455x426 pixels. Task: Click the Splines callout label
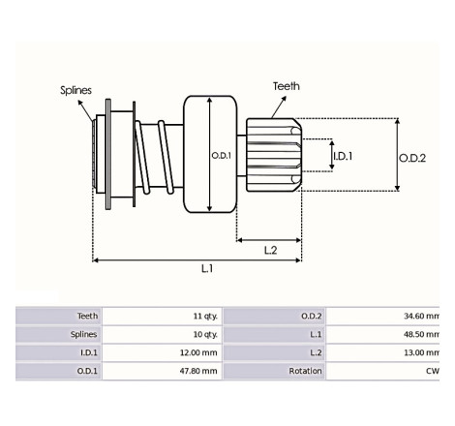(76, 90)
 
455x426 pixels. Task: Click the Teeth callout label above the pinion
(287, 86)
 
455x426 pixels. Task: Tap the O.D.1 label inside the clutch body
(221, 156)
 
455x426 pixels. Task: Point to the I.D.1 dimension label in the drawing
(343, 156)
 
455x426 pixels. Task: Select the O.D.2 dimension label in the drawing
(412, 158)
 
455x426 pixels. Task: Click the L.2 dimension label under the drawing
(270, 250)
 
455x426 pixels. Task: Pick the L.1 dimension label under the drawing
(207, 268)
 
